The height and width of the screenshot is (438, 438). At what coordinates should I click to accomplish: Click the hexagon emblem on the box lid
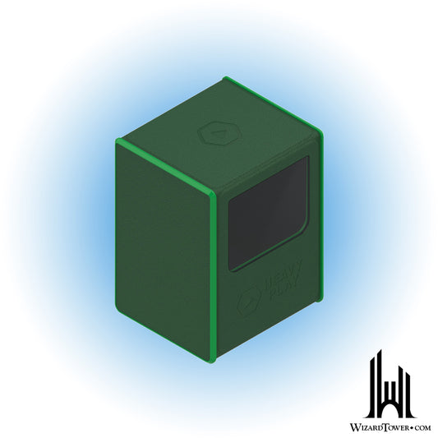pyautogui.click(x=220, y=133)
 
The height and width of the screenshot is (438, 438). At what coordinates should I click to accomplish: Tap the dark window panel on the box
pyautogui.click(x=269, y=214)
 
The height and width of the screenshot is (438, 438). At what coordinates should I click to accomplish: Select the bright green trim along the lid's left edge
pyautogui.click(x=165, y=166)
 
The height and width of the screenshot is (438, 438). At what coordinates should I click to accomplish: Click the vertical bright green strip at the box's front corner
pyautogui.click(x=213, y=278)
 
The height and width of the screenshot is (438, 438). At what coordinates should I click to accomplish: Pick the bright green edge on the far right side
pyautogui.click(x=320, y=218)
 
